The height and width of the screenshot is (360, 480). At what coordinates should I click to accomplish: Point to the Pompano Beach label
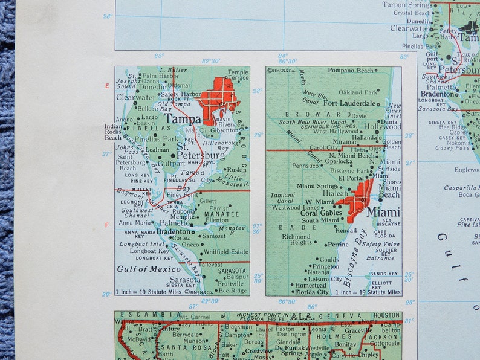coord(351,71)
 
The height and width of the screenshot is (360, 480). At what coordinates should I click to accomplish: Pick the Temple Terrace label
coord(238,76)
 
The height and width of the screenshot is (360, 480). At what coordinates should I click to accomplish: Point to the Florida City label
coord(313,292)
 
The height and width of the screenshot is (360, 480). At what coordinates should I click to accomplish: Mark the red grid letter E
coord(107,86)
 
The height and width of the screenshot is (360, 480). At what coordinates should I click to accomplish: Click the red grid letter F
coord(107,225)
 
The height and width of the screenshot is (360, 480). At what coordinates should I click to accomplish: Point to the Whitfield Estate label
coord(226,252)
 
